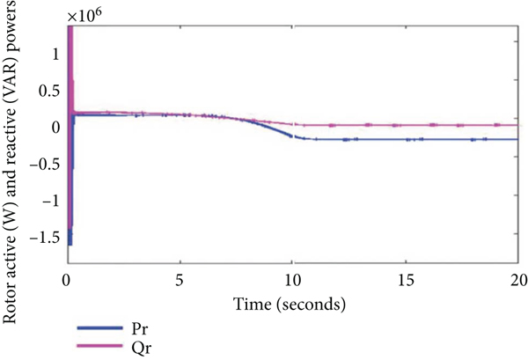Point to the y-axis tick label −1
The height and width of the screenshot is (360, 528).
coord(51,202)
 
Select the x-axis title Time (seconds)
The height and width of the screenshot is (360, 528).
coord(292,304)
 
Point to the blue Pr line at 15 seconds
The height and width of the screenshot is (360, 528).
coord(406,139)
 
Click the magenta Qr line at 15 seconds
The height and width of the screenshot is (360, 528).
coord(406,125)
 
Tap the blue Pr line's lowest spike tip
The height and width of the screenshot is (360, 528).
coord(70,244)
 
